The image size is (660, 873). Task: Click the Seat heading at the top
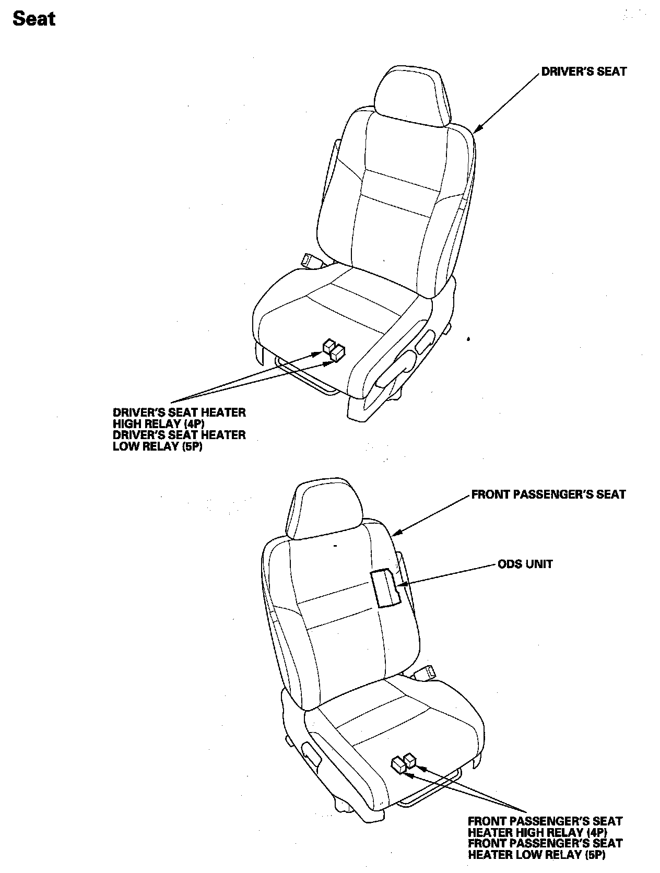(x=34, y=19)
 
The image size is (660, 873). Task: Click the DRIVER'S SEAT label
(x=583, y=72)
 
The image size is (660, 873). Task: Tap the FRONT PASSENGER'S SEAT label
(x=548, y=494)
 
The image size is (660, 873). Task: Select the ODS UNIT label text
(x=525, y=564)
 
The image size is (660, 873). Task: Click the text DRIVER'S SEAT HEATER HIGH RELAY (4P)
(x=179, y=418)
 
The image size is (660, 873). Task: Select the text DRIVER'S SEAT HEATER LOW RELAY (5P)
(x=179, y=441)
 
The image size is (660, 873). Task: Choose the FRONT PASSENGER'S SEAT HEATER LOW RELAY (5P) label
(x=545, y=849)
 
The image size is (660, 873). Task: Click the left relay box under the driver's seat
(x=329, y=346)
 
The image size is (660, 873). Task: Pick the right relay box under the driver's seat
(x=338, y=353)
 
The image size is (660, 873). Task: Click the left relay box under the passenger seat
(x=398, y=765)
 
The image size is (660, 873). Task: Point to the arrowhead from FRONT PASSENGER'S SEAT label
(x=395, y=533)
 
